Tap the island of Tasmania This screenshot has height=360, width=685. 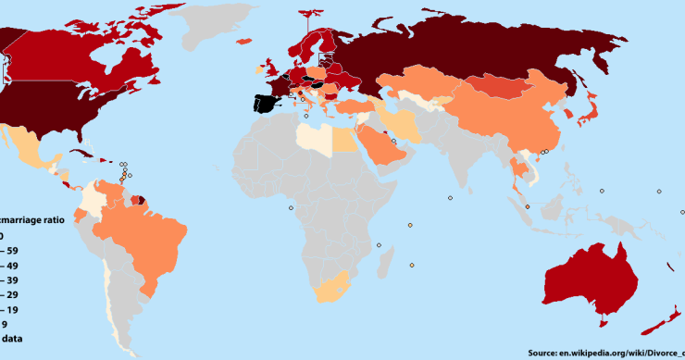click(603, 321)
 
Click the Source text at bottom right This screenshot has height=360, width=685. click(605, 352)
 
